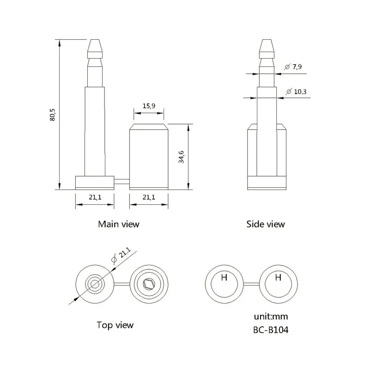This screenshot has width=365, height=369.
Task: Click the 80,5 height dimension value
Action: pos(53,114)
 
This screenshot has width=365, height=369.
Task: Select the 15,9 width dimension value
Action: pos(148,106)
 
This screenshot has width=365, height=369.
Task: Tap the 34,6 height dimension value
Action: pos(182,156)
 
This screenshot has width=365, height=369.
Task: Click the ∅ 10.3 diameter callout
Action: pos(296,92)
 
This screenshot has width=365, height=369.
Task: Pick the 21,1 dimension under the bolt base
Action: pos(95,197)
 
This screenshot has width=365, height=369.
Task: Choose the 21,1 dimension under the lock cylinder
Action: pos(148,197)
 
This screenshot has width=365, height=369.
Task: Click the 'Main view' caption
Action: pos(118,224)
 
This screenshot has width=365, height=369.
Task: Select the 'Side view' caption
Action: pos(265,224)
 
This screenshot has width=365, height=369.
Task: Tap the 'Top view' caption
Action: pos(115,325)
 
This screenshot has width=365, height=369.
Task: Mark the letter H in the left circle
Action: pos(224,278)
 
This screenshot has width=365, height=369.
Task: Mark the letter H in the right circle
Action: pos(278,278)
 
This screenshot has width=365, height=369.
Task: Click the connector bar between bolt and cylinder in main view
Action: pos(122,182)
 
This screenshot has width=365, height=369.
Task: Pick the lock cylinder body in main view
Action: pos(148,157)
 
